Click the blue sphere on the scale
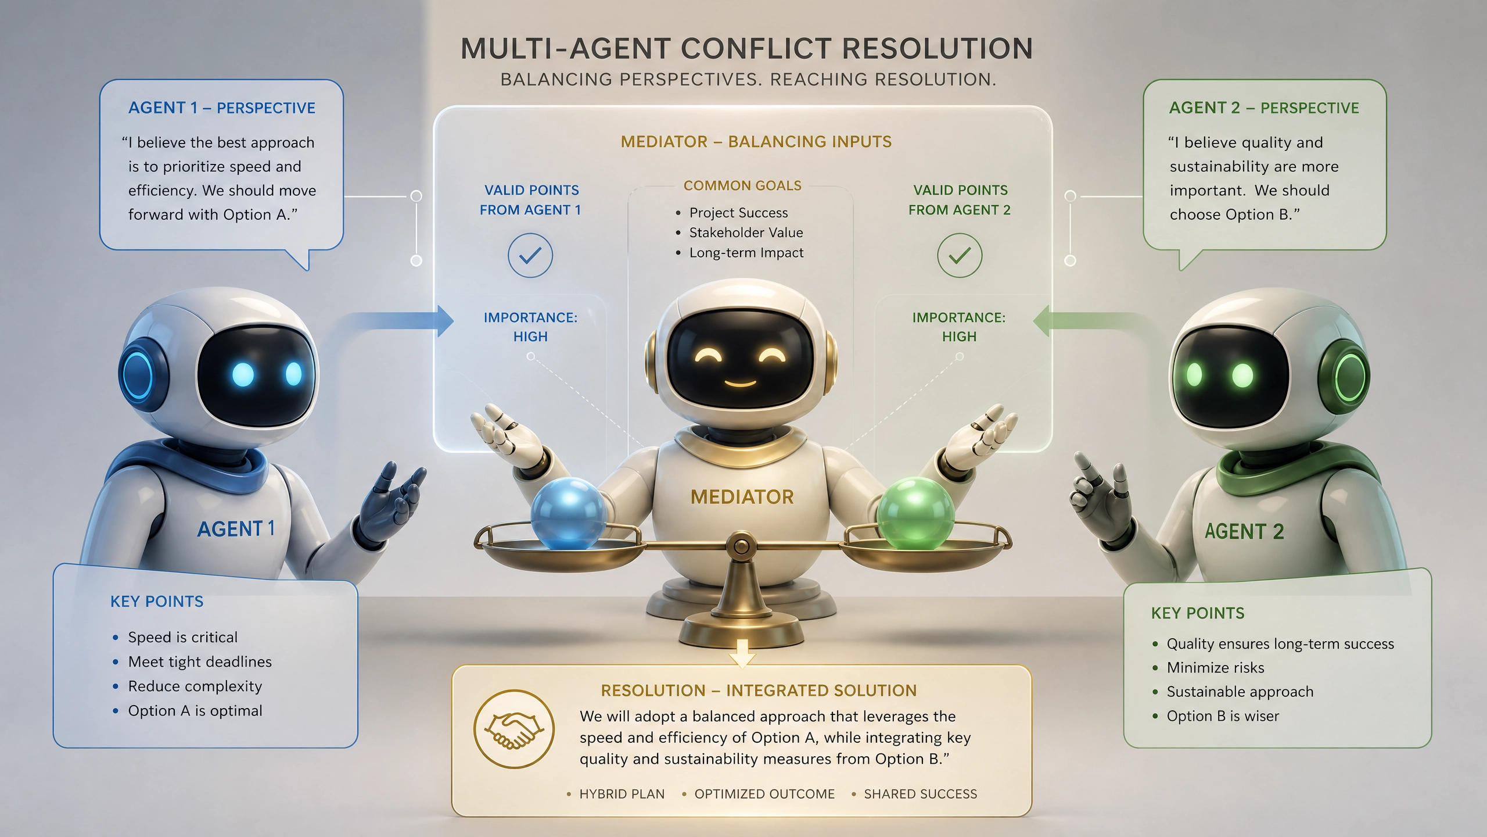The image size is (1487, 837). point(568,514)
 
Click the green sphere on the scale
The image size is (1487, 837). point(915,513)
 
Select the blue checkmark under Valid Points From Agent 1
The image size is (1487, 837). point(530,255)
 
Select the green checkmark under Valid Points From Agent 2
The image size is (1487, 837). point(960,255)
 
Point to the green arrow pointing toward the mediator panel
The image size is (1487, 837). point(1086,321)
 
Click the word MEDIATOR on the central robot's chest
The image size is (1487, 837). point(742,497)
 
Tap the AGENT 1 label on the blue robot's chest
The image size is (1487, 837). point(236,529)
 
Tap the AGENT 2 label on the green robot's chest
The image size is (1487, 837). point(1244,531)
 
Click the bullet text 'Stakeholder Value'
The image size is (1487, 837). point(746,233)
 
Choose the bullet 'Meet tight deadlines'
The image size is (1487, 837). point(200,661)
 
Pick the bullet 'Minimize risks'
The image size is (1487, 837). point(1215,667)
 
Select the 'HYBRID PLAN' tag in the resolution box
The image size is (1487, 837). point(622,794)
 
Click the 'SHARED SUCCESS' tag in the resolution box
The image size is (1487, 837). point(921,794)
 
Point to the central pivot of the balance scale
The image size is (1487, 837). point(741,546)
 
